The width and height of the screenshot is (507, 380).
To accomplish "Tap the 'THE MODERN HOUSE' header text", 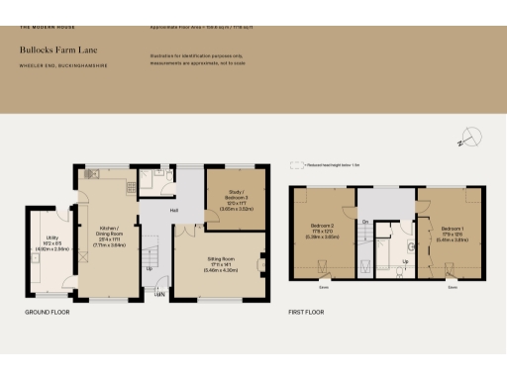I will (x=41, y=27).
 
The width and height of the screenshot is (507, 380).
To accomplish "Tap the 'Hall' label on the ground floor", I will (x=173, y=210).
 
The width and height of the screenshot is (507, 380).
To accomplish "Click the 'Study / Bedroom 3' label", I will (x=235, y=198).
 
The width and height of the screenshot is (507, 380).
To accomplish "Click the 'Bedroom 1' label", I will (x=450, y=228).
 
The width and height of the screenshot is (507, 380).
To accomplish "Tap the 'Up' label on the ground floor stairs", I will (x=150, y=268).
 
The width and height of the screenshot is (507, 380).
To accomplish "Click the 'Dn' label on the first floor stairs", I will (x=365, y=222).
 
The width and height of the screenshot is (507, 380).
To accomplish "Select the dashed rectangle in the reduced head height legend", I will (x=295, y=165).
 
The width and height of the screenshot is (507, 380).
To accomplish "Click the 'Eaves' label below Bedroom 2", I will (x=324, y=288).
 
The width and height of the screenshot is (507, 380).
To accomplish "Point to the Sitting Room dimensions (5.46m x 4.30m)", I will (x=221, y=269).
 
